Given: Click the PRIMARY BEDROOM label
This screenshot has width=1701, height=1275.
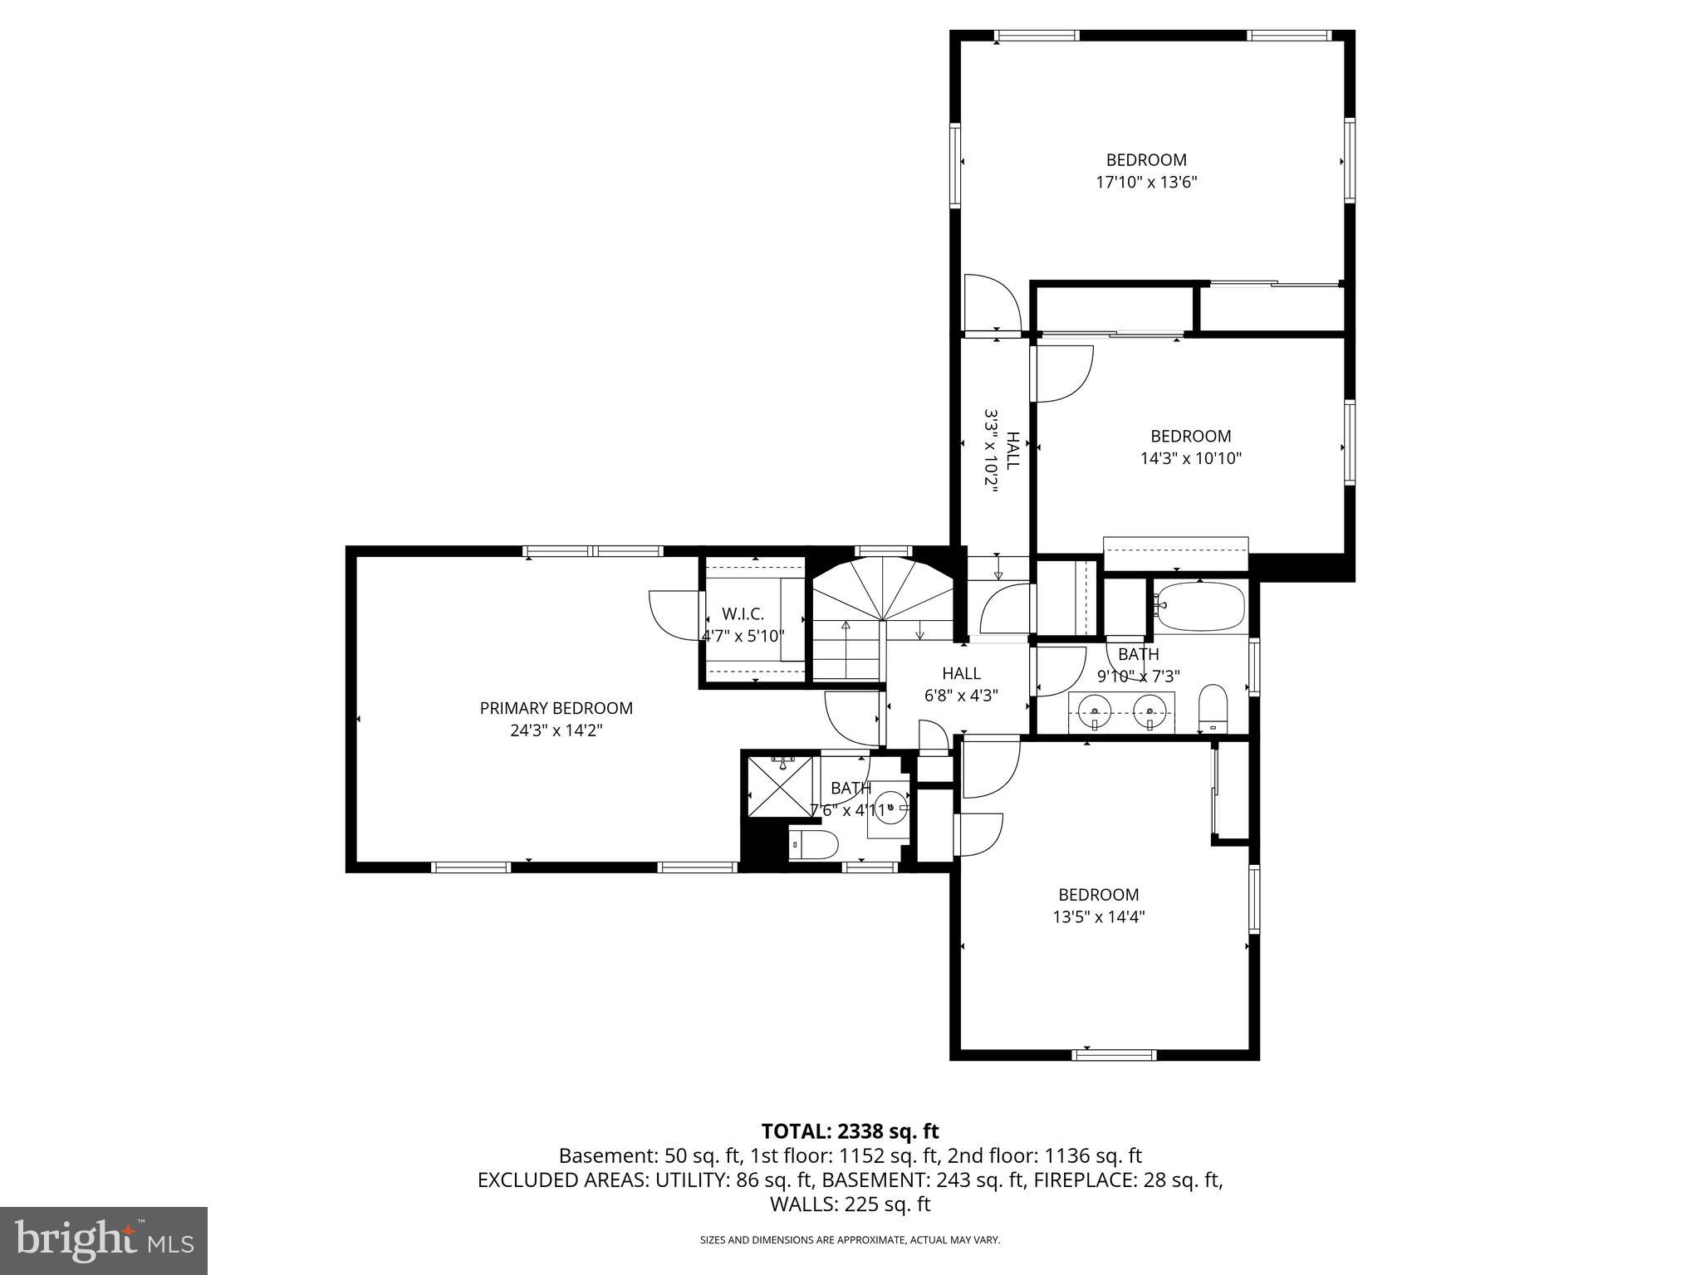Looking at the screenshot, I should [556, 708].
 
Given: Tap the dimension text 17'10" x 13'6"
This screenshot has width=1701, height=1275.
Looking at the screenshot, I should [1146, 182].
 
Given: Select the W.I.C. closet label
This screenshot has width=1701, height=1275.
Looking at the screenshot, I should [743, 613].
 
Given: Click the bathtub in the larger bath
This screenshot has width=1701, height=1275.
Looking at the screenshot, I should [1202, 607].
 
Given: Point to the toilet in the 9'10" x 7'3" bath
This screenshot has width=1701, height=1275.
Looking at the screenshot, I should [1213, 708].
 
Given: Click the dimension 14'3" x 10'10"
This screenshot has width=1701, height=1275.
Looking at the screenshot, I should [1190, 458].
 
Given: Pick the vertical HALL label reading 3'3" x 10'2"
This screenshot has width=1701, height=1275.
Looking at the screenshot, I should [1001, 450].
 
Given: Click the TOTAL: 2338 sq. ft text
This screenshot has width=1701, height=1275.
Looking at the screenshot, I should [850, 1131].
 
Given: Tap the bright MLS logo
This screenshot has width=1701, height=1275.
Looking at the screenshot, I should [104, 1240].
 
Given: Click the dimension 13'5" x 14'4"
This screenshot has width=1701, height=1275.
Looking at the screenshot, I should [1098, 916].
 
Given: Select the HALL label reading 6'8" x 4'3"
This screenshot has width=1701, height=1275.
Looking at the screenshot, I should [961, 685].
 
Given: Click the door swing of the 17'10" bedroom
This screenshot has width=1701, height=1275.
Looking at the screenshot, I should [990, 303].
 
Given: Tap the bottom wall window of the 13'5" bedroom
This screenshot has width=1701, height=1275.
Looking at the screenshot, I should [1113, 1055].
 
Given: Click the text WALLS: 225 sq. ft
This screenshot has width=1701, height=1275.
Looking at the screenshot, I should [850, 1204].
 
